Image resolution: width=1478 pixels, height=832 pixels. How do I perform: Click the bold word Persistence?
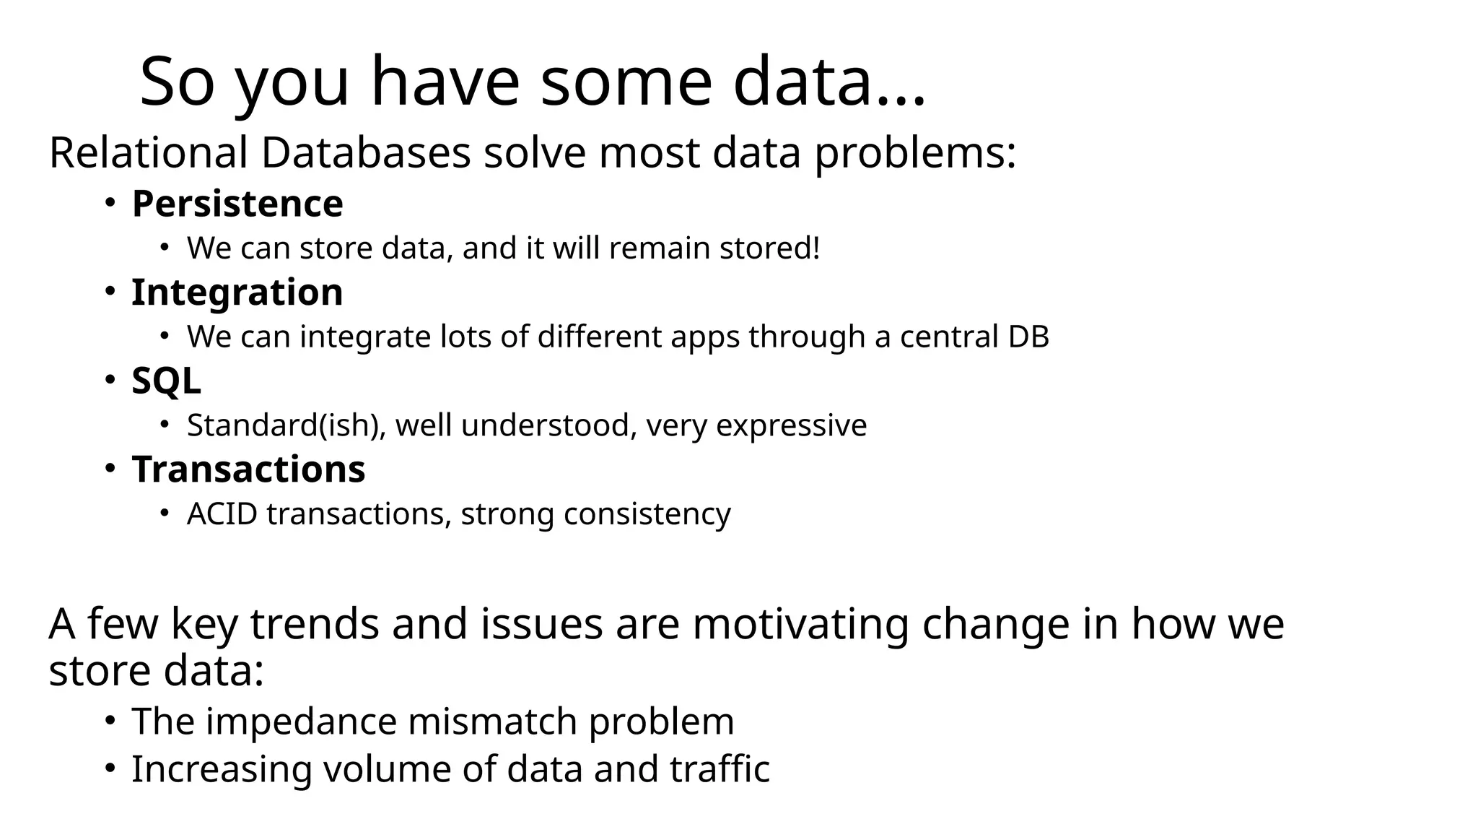[237, 204]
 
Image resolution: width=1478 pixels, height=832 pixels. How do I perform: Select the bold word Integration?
[237, 292]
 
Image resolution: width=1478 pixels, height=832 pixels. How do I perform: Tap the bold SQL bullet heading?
[166, 381]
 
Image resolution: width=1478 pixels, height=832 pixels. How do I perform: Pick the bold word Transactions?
[248, 469]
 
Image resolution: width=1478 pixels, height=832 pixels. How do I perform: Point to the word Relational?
[148, 153]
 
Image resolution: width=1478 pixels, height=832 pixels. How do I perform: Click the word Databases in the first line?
[365, 153]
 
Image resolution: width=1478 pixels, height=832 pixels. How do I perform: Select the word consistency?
[647, 514]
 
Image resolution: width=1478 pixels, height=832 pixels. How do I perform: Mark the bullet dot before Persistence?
[109, 204]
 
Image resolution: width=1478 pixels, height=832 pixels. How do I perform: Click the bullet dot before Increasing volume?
[109, 768]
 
